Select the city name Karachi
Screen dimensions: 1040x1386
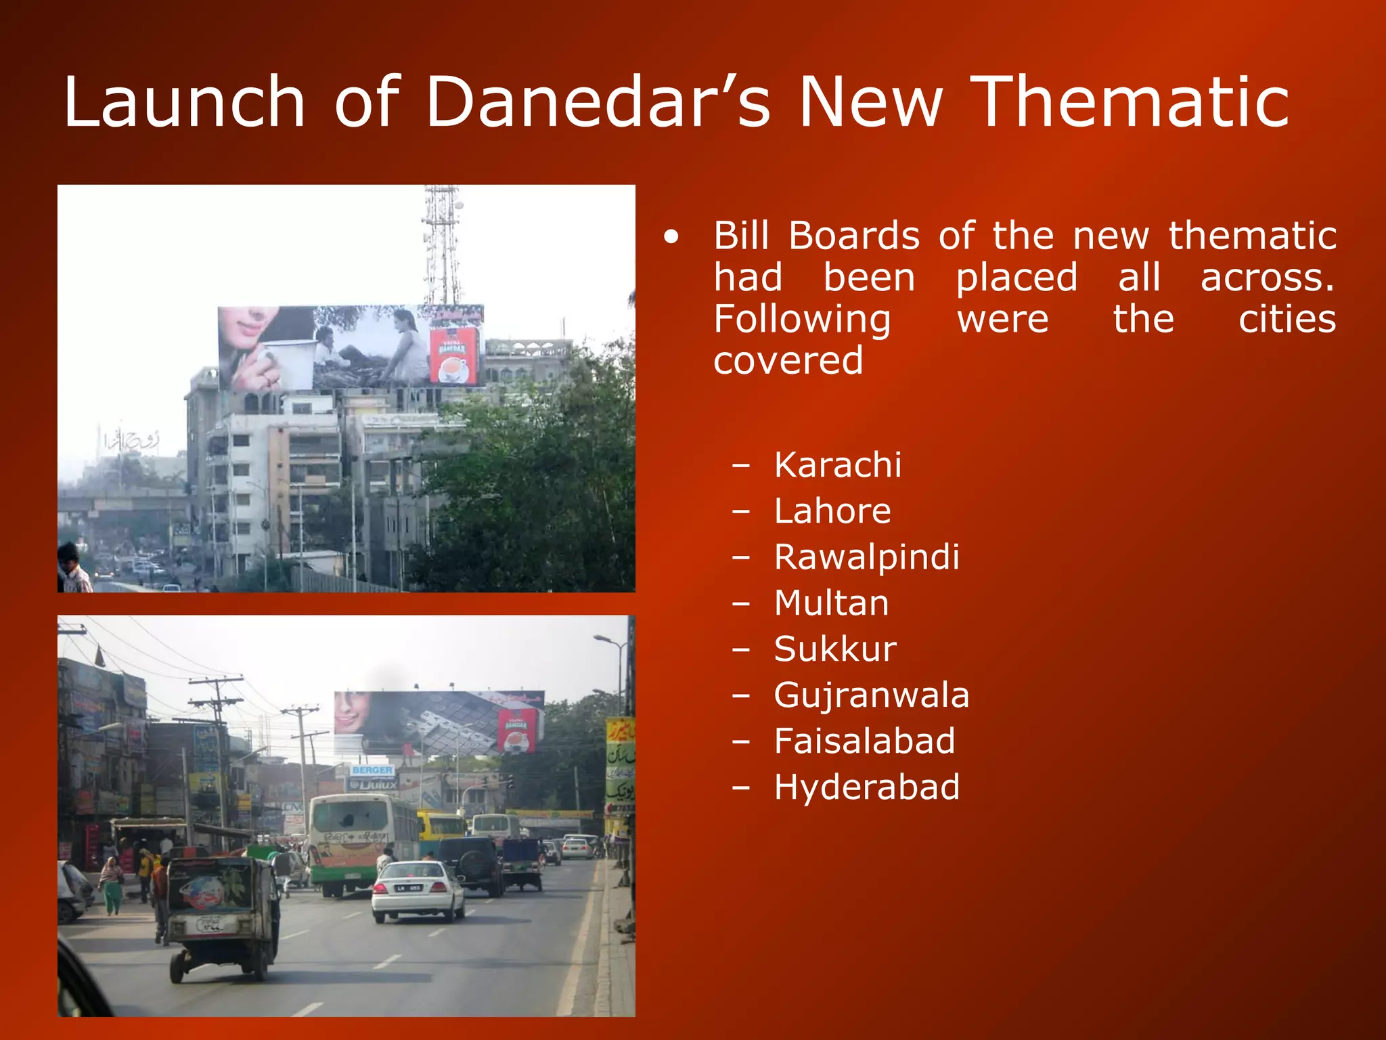[x=837, y=465]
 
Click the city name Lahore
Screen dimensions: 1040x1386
[x=832, y=511]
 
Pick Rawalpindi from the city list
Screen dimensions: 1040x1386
[x=866, y=557]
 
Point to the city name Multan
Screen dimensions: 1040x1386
[x=831, y=603]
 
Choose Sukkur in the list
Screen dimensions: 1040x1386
[x=835, y=649]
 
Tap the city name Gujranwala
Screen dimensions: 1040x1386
[x=872, y=695]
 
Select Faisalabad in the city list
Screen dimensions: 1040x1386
[x=864, y=741]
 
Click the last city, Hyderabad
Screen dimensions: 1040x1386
[x=866, y=787]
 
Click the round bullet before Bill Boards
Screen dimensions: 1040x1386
[x=671, y=237]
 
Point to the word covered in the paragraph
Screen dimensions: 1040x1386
[x=788, y=360]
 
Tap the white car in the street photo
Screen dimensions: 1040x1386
[x=418, y=890]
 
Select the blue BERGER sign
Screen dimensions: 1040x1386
[x=372, y=771]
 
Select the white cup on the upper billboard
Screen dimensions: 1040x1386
[x=291, y=362]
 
